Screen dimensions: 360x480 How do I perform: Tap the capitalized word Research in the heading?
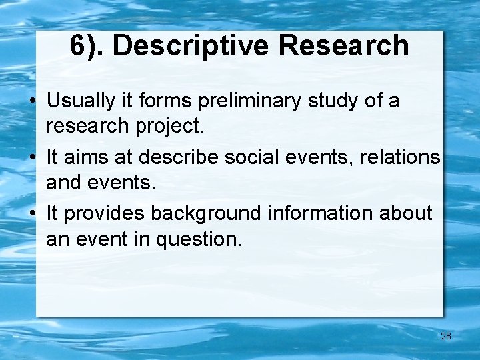coord(344,45)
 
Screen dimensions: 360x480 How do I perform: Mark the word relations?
coord(400,157)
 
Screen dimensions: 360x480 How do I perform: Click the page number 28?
coord(446,336)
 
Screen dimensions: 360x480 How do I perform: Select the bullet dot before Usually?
coord(32,102)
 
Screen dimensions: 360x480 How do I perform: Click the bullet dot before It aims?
coord(32,158)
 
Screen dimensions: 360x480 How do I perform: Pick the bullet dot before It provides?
coord(32,214)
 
